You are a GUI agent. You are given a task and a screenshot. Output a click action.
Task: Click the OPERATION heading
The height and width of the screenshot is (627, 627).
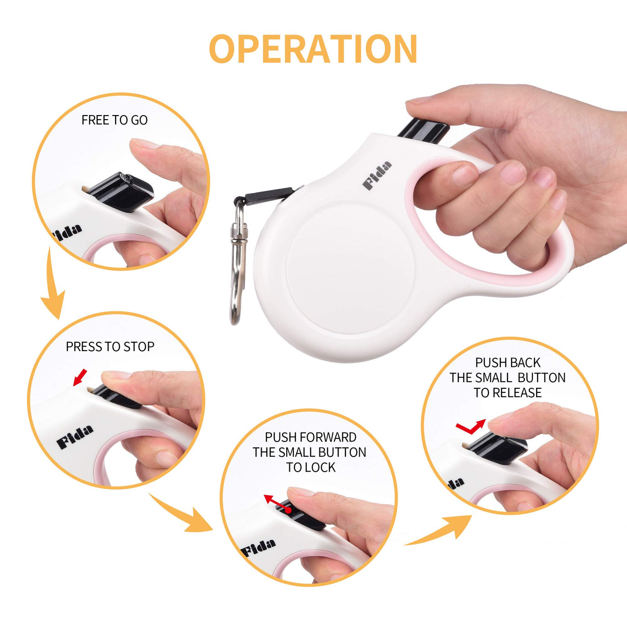click(x=313, y=48)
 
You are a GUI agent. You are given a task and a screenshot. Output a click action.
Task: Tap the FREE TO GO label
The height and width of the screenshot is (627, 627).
click(x=115, y=120)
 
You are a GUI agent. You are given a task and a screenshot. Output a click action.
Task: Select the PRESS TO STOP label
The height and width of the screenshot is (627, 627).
click(x=110, y=347)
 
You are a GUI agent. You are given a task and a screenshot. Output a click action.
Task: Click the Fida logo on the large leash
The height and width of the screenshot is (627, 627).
click(x=377, y=175)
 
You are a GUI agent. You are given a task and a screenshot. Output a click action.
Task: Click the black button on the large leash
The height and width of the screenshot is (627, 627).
click(x=423, y=131)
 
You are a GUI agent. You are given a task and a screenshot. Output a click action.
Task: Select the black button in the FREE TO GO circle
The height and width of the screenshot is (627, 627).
click(x=121, y=192)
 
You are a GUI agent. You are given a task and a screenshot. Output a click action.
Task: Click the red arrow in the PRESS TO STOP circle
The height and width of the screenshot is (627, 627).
click(x=80, y=377)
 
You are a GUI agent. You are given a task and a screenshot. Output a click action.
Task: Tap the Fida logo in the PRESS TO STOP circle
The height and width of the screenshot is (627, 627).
click(x=75, y=437)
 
